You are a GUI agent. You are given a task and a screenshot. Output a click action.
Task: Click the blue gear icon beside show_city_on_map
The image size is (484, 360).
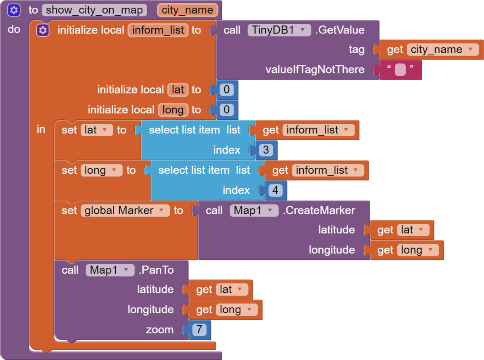(x=14, y=10)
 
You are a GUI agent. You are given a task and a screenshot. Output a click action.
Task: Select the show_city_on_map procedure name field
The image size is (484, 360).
(x=94, y=10)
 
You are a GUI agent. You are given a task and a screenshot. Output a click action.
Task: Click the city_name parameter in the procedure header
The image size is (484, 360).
(x=188, y=10)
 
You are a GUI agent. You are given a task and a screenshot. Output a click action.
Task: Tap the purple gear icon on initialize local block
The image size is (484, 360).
(x=43, y=30)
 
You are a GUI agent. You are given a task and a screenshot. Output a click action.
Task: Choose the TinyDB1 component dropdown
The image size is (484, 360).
(x=279, y=30)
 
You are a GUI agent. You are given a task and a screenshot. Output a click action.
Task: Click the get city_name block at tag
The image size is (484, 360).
(x=432, y=50)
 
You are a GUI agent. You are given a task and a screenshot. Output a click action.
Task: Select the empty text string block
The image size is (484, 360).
(x=401, y=70)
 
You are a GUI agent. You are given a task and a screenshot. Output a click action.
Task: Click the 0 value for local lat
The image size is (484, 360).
(x=227, y=89)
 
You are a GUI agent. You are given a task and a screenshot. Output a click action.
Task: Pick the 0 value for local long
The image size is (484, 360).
(x=227, y=110)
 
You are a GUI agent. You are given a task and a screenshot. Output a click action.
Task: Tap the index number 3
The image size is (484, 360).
(x=266, y=150)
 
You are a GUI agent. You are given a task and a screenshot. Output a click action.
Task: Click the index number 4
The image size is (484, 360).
(x=275, y=190)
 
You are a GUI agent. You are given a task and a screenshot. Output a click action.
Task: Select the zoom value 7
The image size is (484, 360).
(x=199, y=330)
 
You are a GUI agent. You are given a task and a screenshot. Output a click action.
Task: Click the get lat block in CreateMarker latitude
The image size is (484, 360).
(x=402, y=230)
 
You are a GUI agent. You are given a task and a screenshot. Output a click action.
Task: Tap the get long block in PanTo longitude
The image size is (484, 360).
(x=225, y=310)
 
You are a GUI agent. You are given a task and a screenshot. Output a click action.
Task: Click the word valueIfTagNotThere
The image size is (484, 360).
(x=315, y=70)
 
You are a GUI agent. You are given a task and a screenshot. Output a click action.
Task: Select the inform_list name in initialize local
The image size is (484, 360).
(x=158, y=30)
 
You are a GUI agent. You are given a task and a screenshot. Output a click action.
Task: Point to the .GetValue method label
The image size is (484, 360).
(x=340, y=30)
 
